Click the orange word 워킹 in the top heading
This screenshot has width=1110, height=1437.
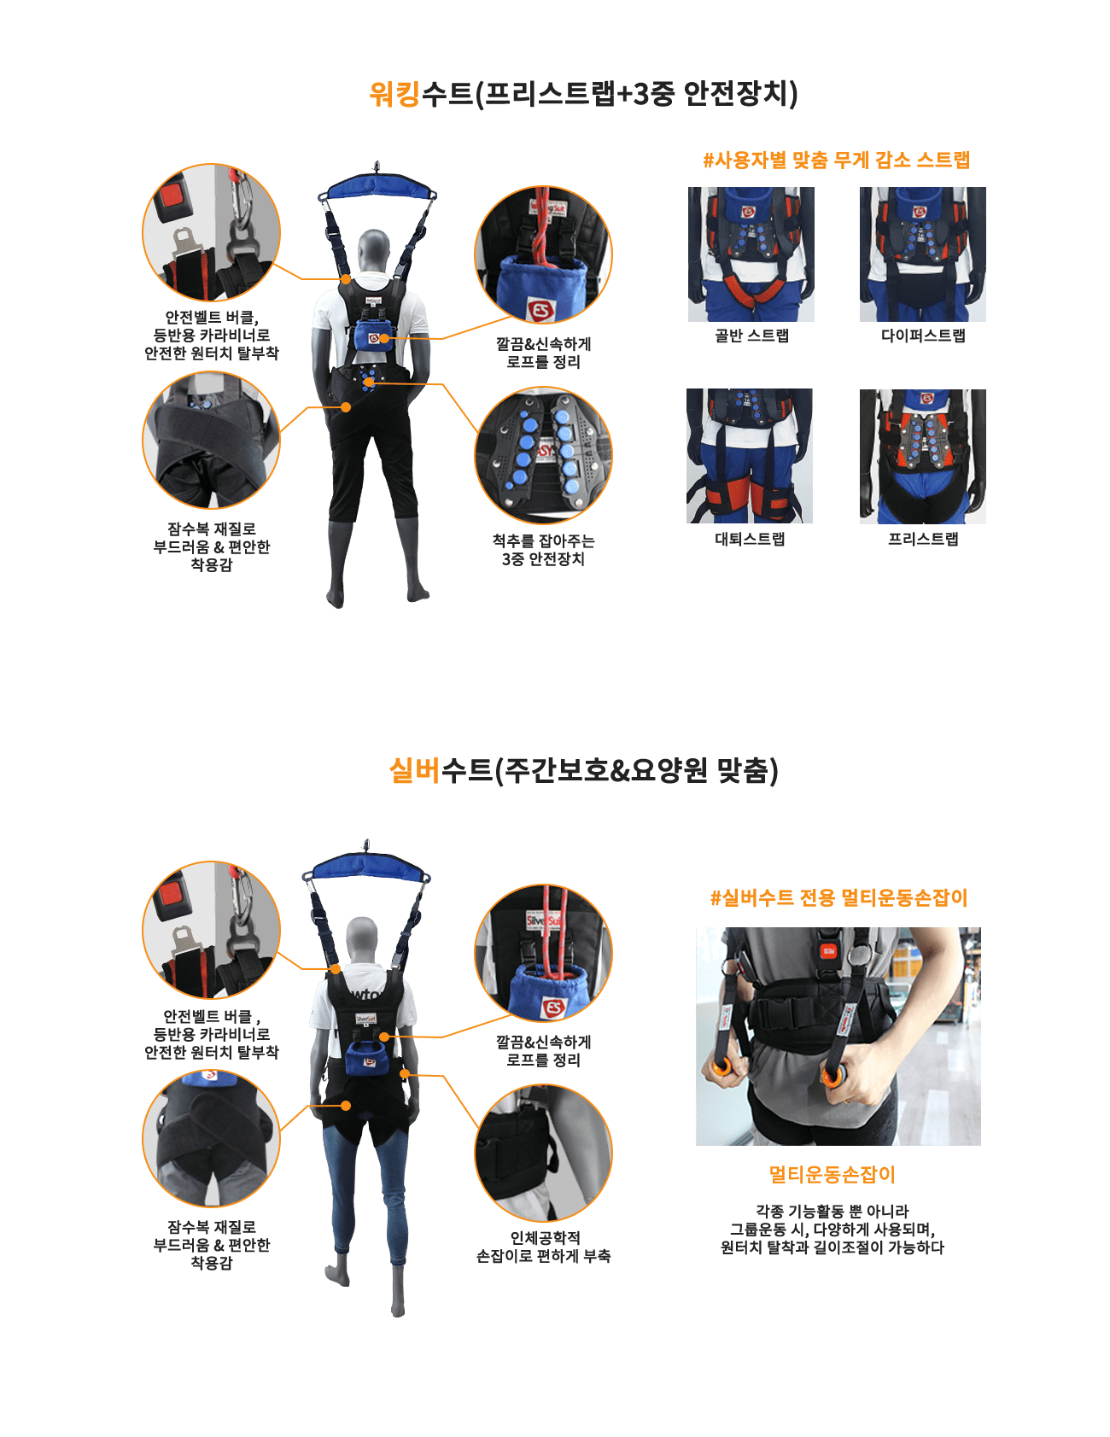[394, 93]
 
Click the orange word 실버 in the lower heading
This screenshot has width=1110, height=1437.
[414, 770]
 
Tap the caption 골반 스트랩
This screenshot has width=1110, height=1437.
[751, 336]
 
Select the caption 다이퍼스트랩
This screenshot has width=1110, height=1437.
[923, 336]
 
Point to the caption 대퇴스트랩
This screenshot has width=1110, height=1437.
[750, 539]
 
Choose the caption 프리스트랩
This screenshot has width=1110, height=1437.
[923, 539]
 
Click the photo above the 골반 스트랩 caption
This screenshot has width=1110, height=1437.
[751, 254]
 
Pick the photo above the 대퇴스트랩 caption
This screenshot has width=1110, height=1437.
[750, 456]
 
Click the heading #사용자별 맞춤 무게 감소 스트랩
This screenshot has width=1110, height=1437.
[836, 160]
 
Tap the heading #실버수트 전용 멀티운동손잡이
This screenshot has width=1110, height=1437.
[838, 897]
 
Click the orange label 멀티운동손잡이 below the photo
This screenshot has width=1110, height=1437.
[832, 1175]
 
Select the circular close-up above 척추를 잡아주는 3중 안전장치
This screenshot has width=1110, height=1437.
[543, 455]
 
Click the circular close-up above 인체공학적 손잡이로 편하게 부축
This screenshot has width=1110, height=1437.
[543, 1154]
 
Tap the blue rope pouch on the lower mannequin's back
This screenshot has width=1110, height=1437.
[369, 1057]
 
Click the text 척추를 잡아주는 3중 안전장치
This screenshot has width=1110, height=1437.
[543, 550]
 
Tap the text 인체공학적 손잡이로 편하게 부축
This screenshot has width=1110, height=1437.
[543, 1247]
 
